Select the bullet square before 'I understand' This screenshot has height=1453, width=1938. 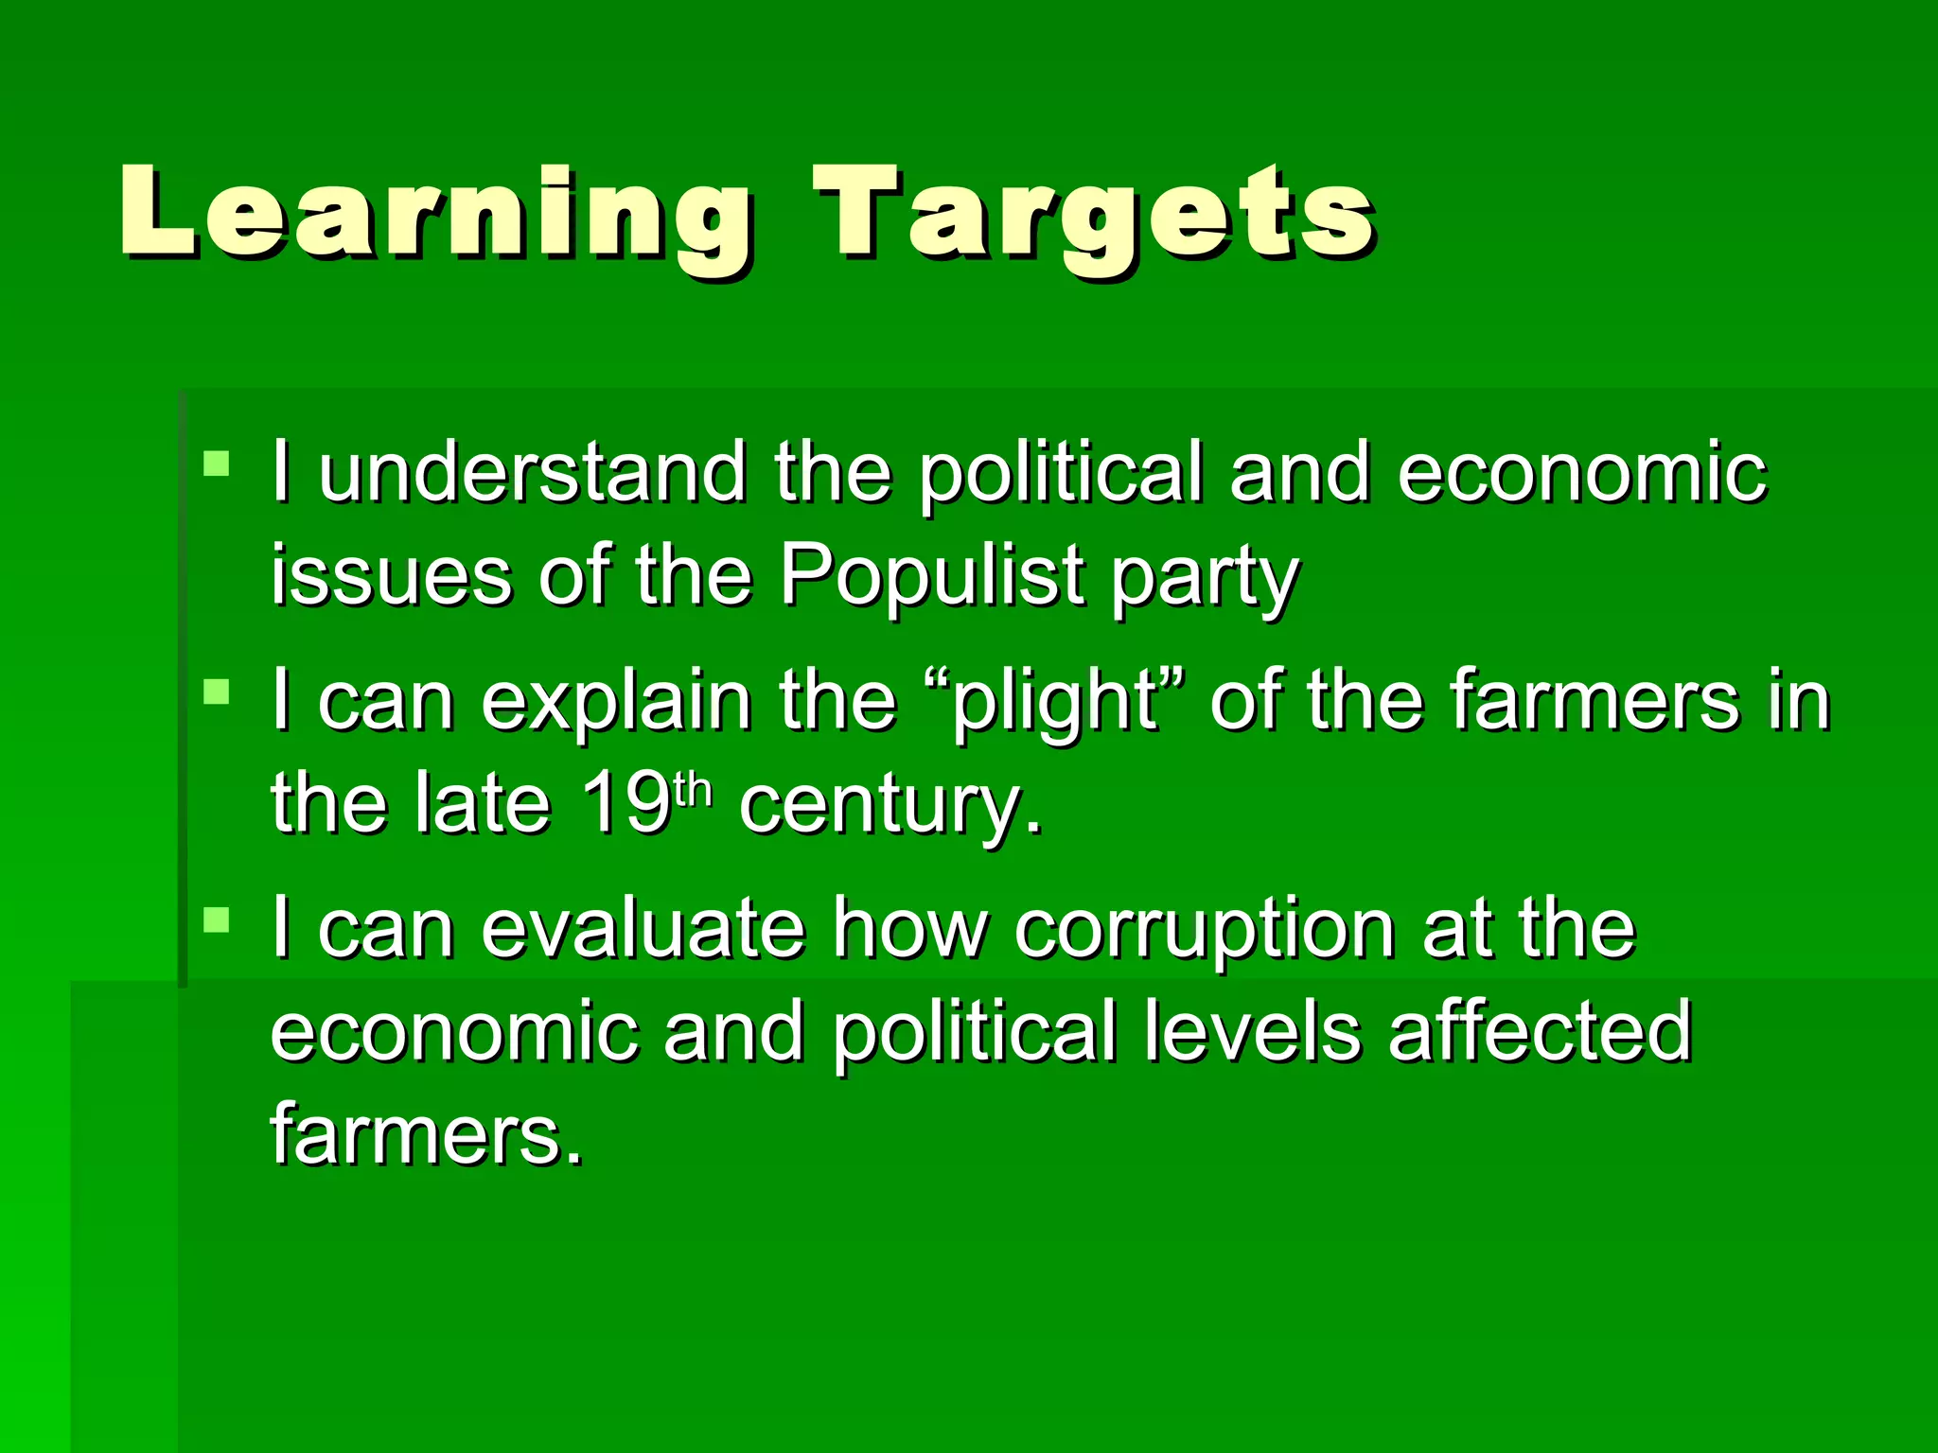coord(217,464)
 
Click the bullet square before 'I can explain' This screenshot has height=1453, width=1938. coord(217,692)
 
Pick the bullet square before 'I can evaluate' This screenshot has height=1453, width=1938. coord(217,919)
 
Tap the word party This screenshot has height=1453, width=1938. coord(1204,579)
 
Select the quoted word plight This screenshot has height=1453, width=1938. coord(1055,702)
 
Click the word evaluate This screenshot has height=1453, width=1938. coord(643,929)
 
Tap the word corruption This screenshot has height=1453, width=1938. coord(1204,931)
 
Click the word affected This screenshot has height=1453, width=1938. coord(1540,1031)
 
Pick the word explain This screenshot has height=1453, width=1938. coord(616,702)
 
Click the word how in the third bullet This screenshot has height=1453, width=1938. coord(909,929)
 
